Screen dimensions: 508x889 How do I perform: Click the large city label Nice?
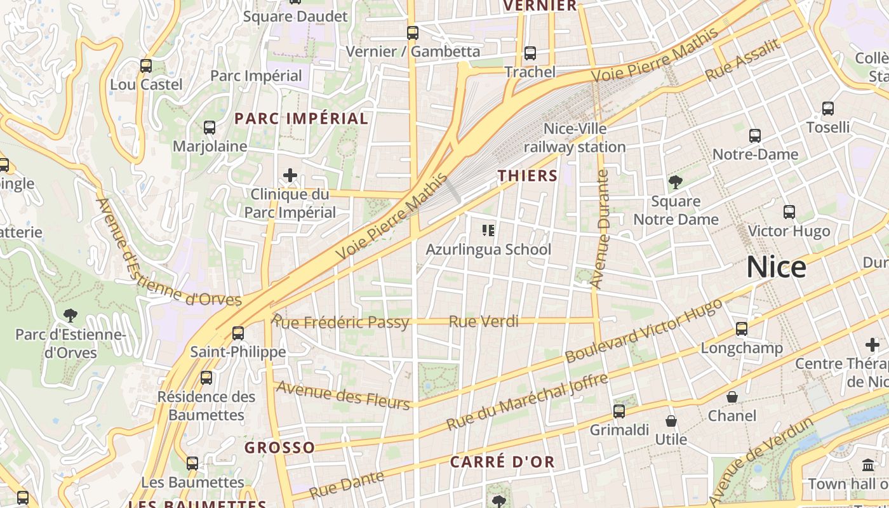pyautogui.click(x=776, y=267)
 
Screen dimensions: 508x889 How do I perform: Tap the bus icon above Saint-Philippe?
pyautogui.click(x=238, y=333)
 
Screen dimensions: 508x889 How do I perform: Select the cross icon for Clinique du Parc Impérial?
pyautogui.click(x=290, y=175)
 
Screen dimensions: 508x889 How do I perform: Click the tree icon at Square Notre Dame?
pyautogui.click(x=676, y=183)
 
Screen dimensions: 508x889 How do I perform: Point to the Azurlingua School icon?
pyautogui.click(x=488, y=230)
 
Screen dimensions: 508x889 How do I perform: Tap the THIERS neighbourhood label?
pyautogui.click(x=528, y=176)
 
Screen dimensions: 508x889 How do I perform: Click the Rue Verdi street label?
pyautogui.click(x=483, y=322)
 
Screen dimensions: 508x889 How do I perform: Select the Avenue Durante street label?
pyautogui.click(x=600, y=229)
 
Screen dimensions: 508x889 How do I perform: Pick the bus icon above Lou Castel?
pyautogui.click(x=146, y=66)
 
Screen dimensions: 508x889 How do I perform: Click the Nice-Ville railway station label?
pyautogui.click(x=575, y=138)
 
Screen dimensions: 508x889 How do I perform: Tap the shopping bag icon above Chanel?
pyautogui.click(x=732, y=397)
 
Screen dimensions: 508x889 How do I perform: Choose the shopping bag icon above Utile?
pyautogui.click(x=671, y=421)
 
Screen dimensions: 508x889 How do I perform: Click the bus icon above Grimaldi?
pyautogui.click(x=619, y=411)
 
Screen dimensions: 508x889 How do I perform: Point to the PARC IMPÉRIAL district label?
pyautogui.click(x=301, y=119)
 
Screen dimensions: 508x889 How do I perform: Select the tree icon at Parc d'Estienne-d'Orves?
pyautogui.click(x=70, y=315)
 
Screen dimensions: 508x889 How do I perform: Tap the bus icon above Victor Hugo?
pyautogui.click(x=789, y=212)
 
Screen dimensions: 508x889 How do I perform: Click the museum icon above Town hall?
pyautogui.click(x=868, y=465)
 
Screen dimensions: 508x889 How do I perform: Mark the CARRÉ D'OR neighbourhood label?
pyautogui.click(x=502, y=462)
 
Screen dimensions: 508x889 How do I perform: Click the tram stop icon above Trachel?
pyautogui.click(x=530, y=53)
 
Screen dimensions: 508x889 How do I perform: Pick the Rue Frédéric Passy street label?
pyautogui.click(x=340, y=321)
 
